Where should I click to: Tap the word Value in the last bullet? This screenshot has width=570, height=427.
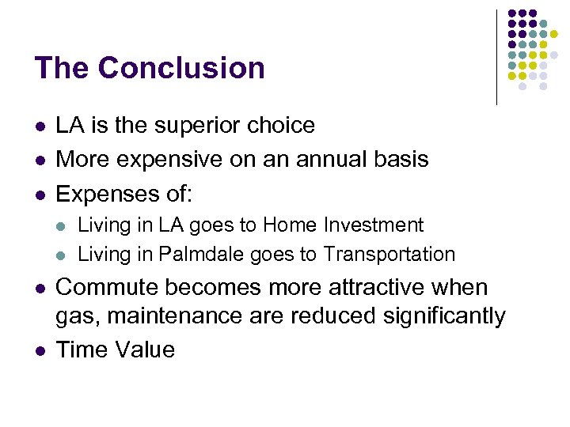point(144,350)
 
